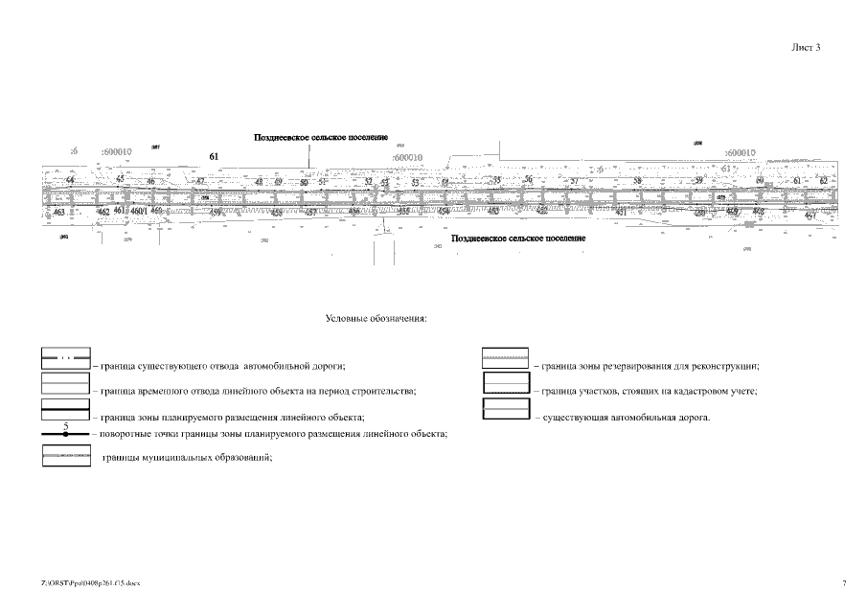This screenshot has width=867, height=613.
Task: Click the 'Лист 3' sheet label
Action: [x=806, y=47]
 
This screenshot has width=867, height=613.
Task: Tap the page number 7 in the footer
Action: [x=844, y=582]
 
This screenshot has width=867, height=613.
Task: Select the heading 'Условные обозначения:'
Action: [x=376, y=318]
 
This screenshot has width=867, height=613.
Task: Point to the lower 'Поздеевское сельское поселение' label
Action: [x=518, y=238]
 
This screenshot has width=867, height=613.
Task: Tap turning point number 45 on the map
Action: [x=120, y=179]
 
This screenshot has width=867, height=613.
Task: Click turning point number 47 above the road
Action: [x=200, y=181]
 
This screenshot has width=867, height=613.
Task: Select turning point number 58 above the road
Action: [x=637, y=181]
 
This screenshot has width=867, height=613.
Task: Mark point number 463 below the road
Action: [x=59, y=212]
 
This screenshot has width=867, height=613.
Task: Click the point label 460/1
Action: [x=138, y=211]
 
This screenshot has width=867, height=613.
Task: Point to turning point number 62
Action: [x=823, y=181]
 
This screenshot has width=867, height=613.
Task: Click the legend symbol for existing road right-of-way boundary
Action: [x=65, y=359]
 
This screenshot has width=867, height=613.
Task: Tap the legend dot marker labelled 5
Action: [x=65, y=434]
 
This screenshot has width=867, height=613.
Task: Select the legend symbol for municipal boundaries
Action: [x=66, y=457]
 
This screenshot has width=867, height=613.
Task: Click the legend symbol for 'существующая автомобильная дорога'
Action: [x=505, y=410]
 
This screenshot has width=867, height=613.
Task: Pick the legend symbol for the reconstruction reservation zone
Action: [x=505, y=359]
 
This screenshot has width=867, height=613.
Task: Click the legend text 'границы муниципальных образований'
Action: [x=186, y=458]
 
